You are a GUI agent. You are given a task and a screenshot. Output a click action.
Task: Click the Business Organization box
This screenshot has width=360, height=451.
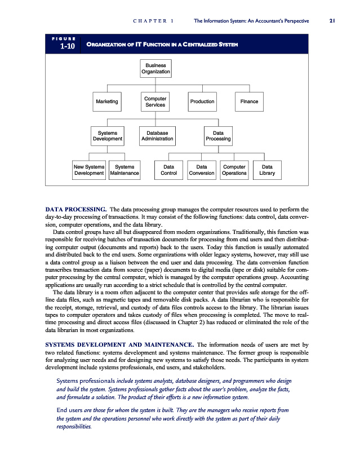(155, 68)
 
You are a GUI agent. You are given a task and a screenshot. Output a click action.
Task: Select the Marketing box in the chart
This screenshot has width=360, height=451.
(107, 101)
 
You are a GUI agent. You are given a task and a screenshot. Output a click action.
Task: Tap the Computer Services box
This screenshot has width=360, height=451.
(155, 101)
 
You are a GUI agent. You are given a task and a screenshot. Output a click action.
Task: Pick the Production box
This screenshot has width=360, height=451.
(202, 101)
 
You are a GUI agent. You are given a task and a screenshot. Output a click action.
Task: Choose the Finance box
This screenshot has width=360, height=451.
(249, 101)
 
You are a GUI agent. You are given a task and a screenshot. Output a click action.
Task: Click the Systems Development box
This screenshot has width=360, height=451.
(107, 135)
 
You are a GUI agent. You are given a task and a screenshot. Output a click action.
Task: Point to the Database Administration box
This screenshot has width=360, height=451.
(157, 135)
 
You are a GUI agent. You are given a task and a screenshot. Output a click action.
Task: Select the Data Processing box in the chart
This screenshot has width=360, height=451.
(217, 135)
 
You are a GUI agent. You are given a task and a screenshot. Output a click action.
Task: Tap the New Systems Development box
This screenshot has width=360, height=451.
(89, 170)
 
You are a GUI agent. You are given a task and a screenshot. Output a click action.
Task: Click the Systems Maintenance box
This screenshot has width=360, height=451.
(125, 170)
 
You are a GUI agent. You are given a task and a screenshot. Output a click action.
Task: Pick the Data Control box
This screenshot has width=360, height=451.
(168, 170)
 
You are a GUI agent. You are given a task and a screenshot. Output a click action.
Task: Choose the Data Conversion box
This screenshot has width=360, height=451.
(202, 170)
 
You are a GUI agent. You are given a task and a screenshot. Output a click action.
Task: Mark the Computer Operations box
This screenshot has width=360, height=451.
(234, 170)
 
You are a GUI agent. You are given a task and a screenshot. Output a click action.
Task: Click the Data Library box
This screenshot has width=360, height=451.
(267, 170)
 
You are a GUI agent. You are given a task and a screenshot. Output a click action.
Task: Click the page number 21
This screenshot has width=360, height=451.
(332, 21)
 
